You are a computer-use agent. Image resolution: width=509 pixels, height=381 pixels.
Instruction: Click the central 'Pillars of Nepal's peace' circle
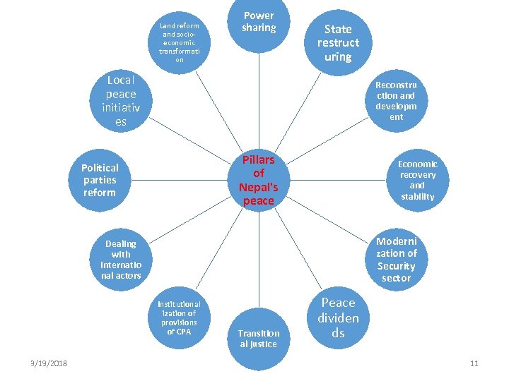[x=258, y=180]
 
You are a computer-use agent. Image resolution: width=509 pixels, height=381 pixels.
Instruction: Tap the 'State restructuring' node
[x=337, y=42]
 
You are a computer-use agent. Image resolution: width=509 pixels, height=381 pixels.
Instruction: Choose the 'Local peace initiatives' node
[x=121, y=100]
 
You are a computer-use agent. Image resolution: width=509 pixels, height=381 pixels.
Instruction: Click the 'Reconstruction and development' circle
[x=396, y=100]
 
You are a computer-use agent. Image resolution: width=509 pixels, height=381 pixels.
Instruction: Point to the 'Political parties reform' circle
[x=100, y=180]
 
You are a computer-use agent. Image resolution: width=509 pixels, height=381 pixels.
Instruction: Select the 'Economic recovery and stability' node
[x=417, y=180]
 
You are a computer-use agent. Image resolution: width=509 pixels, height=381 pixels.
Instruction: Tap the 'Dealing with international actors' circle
[x=121, y=259]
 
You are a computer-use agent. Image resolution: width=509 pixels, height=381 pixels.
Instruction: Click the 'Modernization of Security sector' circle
[x=396, y=259]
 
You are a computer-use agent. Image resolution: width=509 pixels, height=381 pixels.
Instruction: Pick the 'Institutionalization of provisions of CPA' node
[x=180, y=317]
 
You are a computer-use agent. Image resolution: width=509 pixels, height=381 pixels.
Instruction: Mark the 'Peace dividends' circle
[x=337, y=317]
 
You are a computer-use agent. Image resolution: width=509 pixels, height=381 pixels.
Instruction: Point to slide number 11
[x=474, y=363]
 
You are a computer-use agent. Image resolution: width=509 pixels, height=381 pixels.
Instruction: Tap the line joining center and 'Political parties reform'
[x=180, y=180]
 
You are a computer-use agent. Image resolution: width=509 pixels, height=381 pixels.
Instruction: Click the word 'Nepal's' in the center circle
[x=258, y=188]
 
